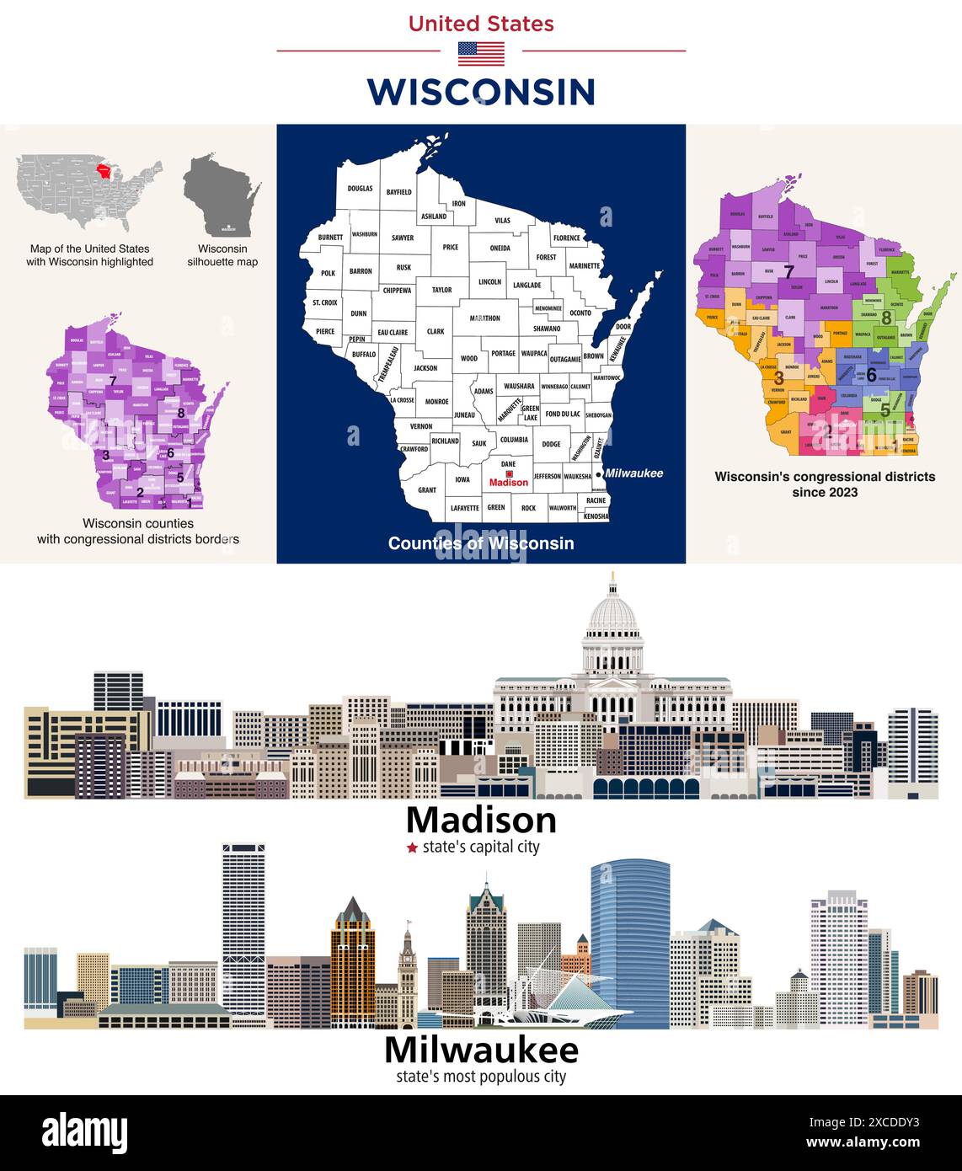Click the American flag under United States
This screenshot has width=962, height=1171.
(481, 53)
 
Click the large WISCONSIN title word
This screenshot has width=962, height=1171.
(481, 92)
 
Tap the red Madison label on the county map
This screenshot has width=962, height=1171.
(509, 482)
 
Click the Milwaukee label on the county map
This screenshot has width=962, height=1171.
(633, 473)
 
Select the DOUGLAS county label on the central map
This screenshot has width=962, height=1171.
(360, 189)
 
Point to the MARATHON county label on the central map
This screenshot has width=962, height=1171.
(484, 318)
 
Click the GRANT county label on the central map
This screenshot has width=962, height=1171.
(427, 489)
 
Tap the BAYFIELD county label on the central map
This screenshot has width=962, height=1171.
(398, 192)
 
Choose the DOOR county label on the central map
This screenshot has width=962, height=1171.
(623, 326)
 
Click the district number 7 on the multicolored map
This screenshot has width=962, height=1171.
(788, 272)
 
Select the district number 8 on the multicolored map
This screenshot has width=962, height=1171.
(886, 318)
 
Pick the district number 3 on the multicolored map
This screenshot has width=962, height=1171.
(778, 379)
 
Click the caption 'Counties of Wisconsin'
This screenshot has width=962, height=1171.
(481, 543)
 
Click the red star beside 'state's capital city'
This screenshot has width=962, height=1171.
(412, 848)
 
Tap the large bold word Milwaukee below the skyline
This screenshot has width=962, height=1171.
(481, 1051)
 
